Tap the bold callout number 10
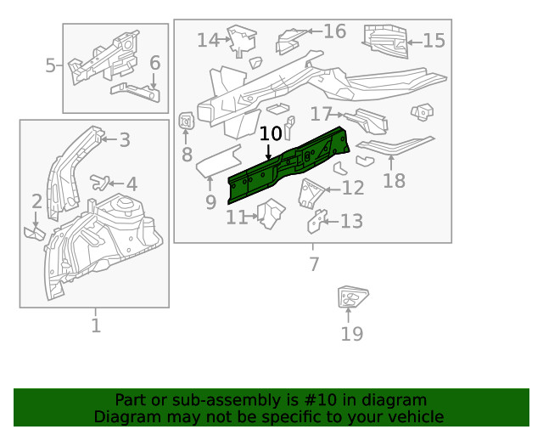point(271,133)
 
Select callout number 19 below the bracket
point(352,334)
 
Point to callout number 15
point(434,41)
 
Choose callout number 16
point(334,31)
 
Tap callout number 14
point(208,40)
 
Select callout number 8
point(187,155)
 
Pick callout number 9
point(210,201)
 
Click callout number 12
point(352,189)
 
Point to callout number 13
point(351,222)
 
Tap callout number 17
point(321,114)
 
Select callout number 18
point(394,180)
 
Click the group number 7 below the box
point(314,264)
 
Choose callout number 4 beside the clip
point(131,184)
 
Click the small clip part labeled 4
point(102,181)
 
